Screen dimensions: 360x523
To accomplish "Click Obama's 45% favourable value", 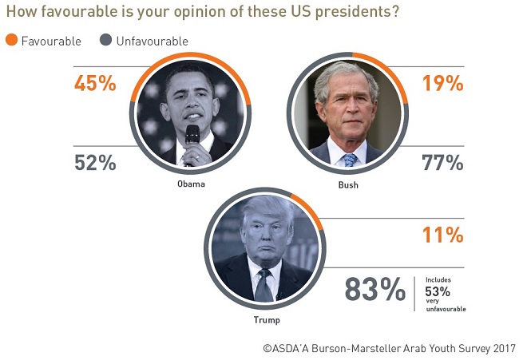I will click(x=95, y=83).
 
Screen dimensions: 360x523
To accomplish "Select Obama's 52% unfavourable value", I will click(x=95, y=163).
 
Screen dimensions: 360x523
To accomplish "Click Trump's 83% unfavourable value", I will click(x=374, y=289).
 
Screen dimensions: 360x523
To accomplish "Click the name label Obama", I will click(x=192, y=184).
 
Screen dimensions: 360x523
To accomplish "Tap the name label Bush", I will click(x=348, y=184).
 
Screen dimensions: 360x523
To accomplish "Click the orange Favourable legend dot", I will click(x=11, y=41).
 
